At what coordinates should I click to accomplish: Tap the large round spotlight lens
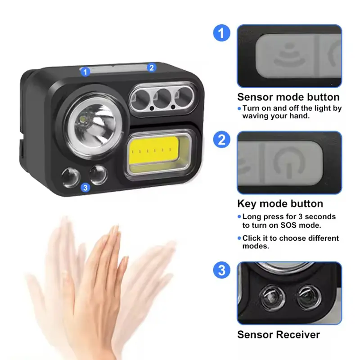94,126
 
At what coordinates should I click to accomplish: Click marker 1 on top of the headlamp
85,72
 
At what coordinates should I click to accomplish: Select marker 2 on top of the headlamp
152,68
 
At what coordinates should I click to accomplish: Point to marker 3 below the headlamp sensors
85,188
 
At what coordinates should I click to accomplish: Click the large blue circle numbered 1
221,33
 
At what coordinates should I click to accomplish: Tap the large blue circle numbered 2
221,139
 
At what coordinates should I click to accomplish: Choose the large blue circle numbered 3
221,270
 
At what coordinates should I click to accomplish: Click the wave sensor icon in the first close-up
290,56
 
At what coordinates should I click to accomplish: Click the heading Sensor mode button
288,97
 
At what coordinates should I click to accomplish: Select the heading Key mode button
280,204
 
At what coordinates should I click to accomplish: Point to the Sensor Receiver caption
279,334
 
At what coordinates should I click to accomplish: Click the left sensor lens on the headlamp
71,178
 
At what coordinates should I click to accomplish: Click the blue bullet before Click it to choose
239,238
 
